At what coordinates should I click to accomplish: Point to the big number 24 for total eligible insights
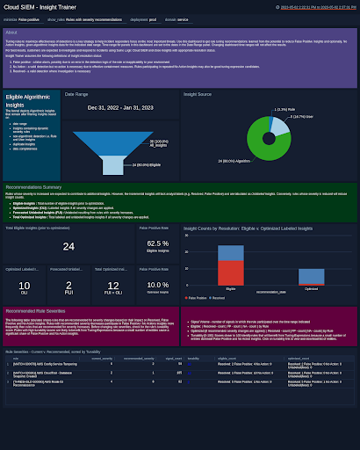coord(68,247)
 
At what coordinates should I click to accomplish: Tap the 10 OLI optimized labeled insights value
coord(25,286)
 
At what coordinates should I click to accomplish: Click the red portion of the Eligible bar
coord(230,253)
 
